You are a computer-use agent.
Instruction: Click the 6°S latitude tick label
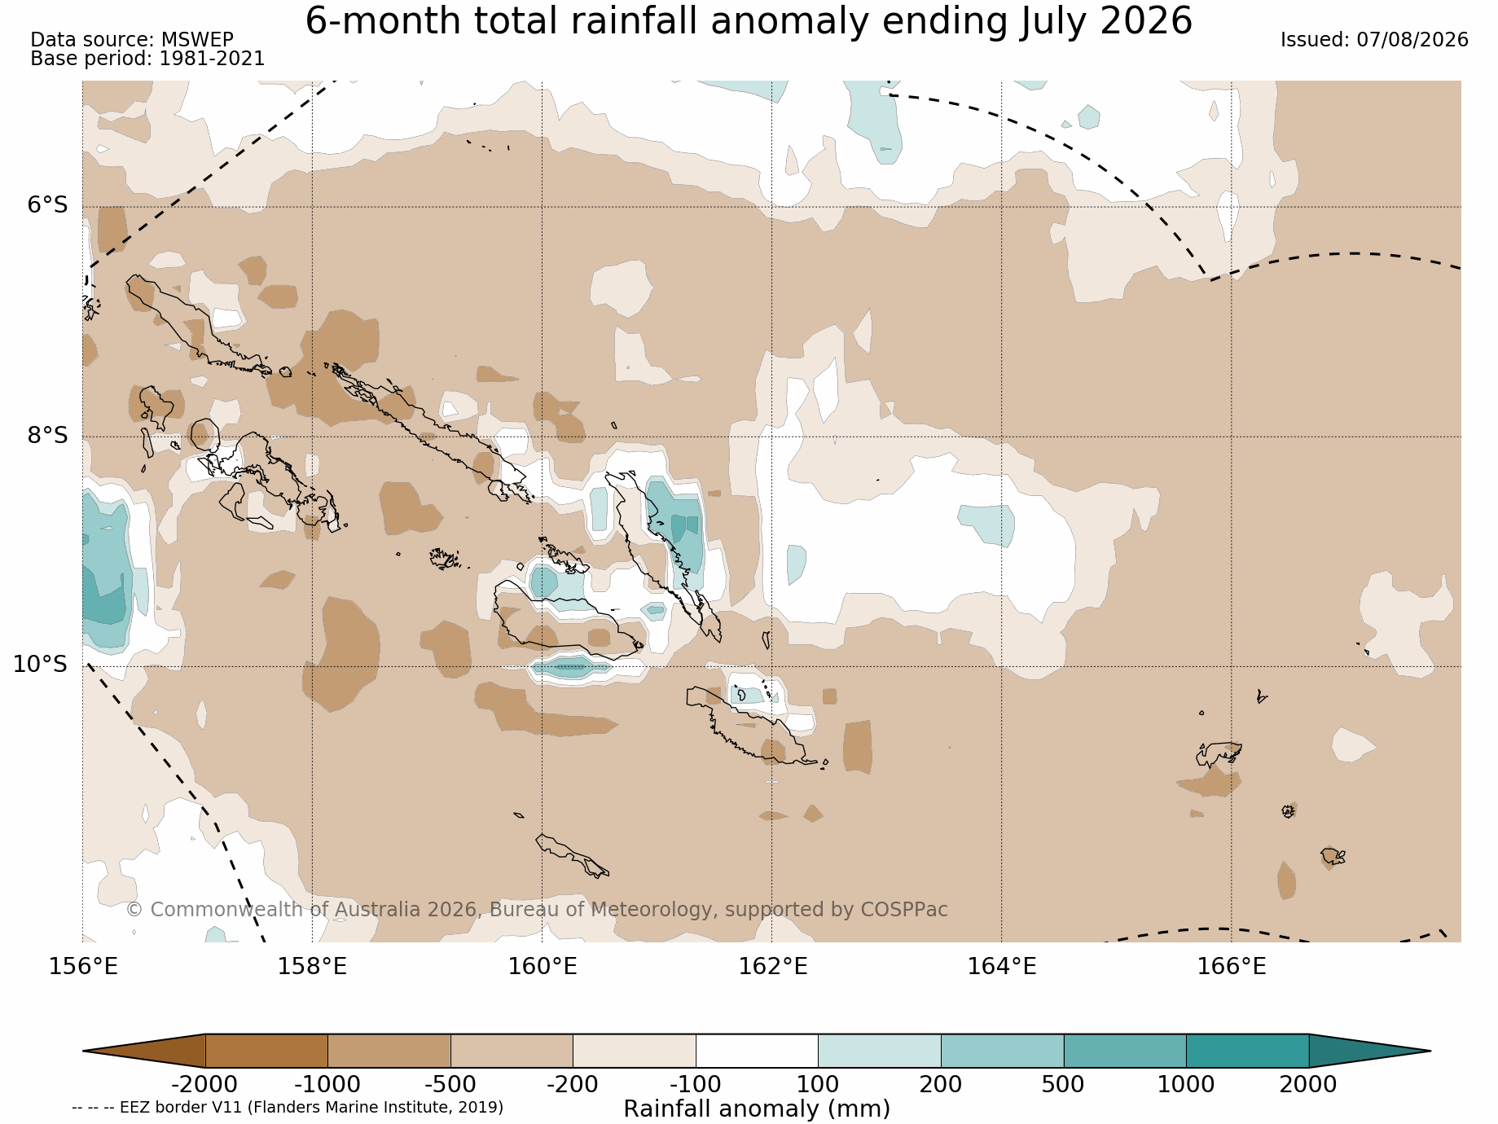tap(48, 205)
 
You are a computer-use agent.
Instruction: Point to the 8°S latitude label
tap(48, 436)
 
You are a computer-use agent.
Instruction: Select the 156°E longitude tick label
tap(83, 967)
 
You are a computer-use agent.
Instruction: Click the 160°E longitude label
tap(543, 967)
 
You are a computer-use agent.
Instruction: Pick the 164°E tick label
tap(1002, 967)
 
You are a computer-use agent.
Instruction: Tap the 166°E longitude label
tap(1232, 967)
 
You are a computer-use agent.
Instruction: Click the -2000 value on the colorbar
tap(204, 1085)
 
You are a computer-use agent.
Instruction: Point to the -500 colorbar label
tap(450, 1085)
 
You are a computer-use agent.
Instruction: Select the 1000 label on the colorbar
tap(1187, 1085)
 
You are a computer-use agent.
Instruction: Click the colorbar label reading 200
tap(941, 1085)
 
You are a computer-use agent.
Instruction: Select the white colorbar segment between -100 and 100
tap(757, 1051)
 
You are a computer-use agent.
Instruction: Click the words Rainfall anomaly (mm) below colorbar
tap(757, 1109)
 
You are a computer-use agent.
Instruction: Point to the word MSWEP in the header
tap(197, 40)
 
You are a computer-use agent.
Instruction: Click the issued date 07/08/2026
tap(1412, 40)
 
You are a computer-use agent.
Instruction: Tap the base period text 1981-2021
tap(212, 59)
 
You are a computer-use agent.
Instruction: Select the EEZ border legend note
tap(288, 1108)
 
